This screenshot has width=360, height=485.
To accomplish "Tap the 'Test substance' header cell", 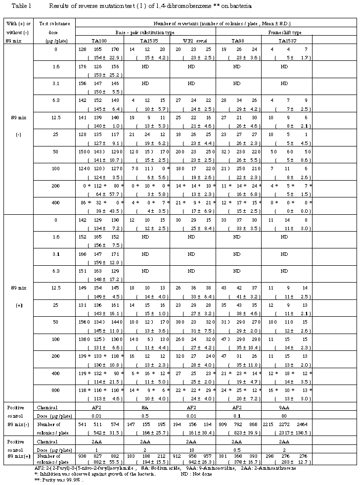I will click(x=53, y=24).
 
